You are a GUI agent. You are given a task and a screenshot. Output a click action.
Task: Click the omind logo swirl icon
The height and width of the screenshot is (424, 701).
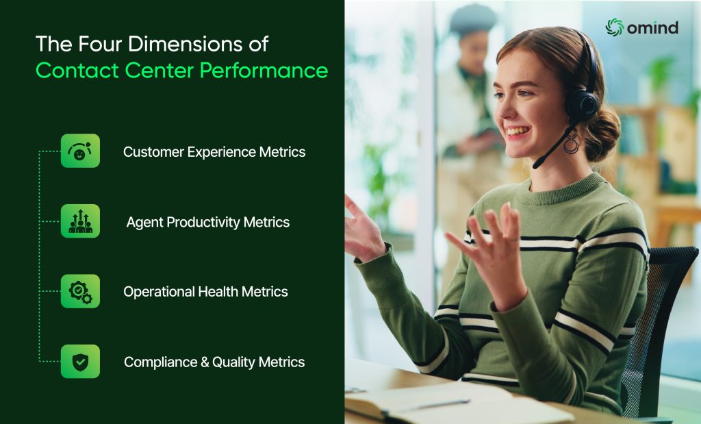(614, 27)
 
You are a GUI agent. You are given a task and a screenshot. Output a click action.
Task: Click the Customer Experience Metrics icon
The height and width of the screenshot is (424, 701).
(80, 151)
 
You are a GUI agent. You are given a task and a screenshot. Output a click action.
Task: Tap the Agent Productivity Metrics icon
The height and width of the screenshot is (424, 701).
(80, 221)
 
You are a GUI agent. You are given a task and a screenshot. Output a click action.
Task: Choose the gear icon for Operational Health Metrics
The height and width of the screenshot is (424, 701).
(80, 291)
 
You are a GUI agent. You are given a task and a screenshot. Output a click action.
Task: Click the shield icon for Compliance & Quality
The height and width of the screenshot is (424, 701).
(80, 361)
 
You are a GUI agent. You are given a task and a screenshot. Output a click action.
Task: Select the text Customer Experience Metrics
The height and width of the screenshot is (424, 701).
(214, 152)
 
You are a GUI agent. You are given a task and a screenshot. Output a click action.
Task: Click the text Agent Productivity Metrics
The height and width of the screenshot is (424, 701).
(208, 222)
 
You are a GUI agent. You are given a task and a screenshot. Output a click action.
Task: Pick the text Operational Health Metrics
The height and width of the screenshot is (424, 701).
(205, 292)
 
